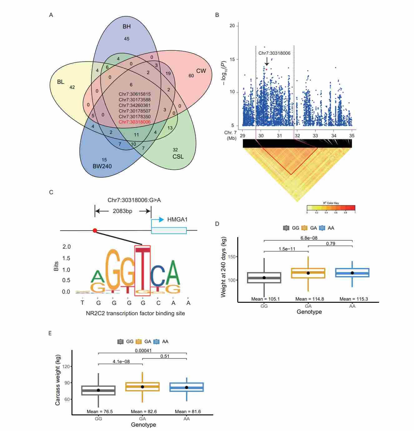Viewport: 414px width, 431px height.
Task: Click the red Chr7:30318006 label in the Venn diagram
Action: [x=135, y=122]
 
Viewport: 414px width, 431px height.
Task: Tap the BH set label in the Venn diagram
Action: [x=126, y=27]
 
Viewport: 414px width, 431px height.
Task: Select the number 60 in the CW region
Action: [x=191, y=76]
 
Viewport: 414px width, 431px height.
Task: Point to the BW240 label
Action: [x=102, y=166]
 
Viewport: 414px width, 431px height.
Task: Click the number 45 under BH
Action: [x=126, y=39]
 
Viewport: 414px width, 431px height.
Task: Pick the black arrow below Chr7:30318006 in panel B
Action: [x=267, y=61]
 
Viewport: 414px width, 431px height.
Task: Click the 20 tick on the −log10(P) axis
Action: [x=232, y=26]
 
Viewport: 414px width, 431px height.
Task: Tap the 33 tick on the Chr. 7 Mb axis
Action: [x=315, y=136]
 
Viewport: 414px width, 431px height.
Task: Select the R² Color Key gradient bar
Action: [x=331, y=208]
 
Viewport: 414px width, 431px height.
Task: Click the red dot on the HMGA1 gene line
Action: [x=95, y=231]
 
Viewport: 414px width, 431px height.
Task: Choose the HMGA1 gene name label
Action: [x=177, y=220]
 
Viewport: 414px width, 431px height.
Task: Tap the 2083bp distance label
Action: [x=122, y=211]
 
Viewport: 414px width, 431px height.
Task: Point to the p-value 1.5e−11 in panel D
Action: [x=287, y=249]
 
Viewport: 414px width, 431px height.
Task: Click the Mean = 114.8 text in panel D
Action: [x=309, y=299]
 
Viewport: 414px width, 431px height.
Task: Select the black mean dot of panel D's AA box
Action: [x=352, y=273]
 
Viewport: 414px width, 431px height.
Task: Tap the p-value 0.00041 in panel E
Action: [x=143, y=351]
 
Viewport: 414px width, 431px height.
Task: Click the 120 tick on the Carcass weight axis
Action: [x=66, y=367]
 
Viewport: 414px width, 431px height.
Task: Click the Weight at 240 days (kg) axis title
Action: [x=224, y=267]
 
